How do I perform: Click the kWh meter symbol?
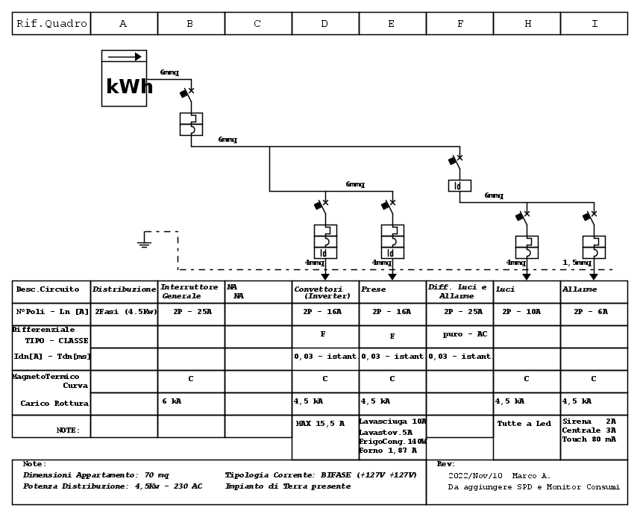pyautogui.click(x=124, y=78)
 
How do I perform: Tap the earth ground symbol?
pyautogui.click(x=144, y=239)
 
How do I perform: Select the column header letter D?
pyautogui.click(x=324, y=24)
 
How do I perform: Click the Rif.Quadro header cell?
pyautogui.click(x=51, y=24)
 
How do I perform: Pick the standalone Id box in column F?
pyautogui.click(x=459, y=186)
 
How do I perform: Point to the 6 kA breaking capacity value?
pyautogui.click(x=172, y=401)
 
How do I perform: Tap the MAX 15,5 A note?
pyautogui.click(x=320, y=424)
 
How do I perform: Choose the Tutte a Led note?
pyautogui.click(x=524, y=424)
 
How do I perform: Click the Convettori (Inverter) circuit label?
pyautogui.click(x=322, y=292)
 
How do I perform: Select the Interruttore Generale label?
pyautogui.click(x=189, y=291)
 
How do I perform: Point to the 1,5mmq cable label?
pyautogui.click(x=577, y=262)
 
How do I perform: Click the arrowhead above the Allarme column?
pyautogui.click(x=594, y=277)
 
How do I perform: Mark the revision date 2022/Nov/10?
pyautogui.click(x=475, y=476)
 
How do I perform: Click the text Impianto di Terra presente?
pyautogui.click(x=288, y=486)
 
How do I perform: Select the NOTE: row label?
pyautogui.click(x=68, y=430)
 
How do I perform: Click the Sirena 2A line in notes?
pyautogui.click(x=589, y=421)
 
